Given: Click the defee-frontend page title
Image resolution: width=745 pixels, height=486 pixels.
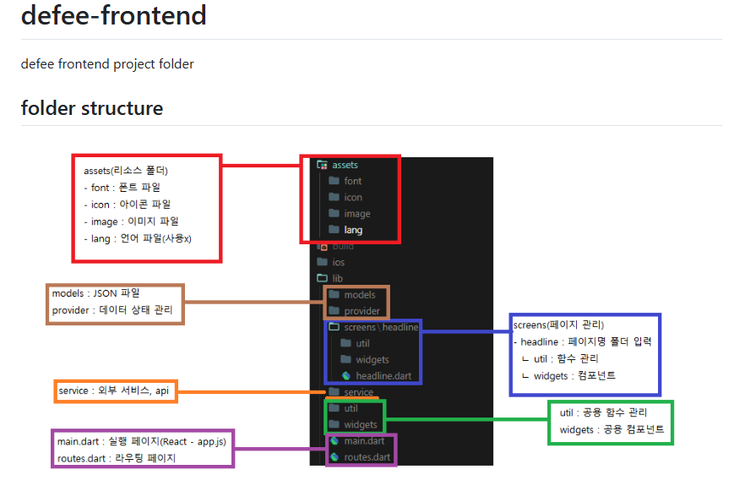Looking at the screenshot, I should (x=113, y=15).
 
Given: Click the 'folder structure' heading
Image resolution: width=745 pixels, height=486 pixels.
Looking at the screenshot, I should (x=91, y=108).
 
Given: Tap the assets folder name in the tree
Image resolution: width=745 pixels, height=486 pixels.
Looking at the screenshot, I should (x=345, y=165).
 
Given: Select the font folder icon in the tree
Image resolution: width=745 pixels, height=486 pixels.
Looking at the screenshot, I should (x=333, y=181).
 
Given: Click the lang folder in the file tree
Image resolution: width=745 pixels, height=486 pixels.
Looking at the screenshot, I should (x=353, y=230).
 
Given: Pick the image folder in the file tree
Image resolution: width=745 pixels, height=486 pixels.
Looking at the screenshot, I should (x=356, y=214).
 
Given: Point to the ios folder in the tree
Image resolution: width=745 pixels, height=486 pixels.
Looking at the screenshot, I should (x=338, y=262).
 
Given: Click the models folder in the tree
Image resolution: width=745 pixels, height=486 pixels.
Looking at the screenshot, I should (x=359, y=295).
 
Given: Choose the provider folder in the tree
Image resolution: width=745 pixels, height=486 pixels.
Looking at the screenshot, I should (x=362, y=311).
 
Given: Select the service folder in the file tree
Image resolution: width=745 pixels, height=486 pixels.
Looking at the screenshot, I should (x=358, y=392).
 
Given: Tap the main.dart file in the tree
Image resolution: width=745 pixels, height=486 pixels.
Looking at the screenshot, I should (x=364, y=440).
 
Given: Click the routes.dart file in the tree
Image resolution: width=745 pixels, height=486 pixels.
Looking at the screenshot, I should (x=367, y=457).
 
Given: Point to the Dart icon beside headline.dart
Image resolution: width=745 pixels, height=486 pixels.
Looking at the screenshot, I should (x=345, y=375).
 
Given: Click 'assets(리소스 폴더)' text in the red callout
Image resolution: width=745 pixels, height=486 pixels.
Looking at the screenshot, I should (x=126, y=171).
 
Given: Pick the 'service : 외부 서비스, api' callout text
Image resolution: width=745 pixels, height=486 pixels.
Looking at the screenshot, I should (x=113, y=391).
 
